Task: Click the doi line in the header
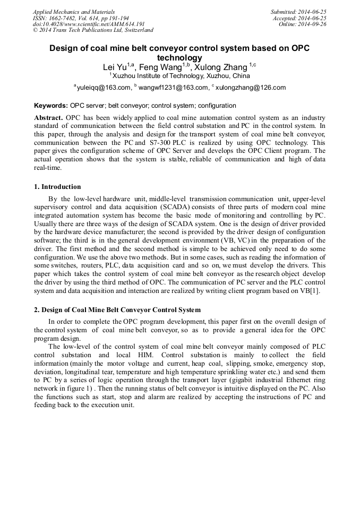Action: pos(89,24)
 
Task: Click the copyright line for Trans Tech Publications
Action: pos(93,30)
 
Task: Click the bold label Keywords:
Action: pos(51,106)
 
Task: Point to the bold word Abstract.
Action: pos(48,117)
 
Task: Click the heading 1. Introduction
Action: pos(57,187)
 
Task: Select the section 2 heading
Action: pos(117,309)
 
